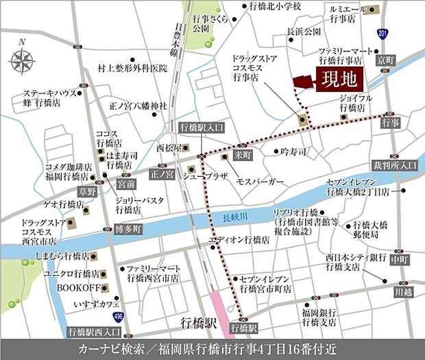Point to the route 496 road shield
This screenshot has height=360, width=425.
click(x=119, y=315)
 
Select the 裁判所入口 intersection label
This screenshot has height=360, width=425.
click(x=395, y=165)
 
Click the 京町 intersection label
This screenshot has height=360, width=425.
click(x=385, y=62)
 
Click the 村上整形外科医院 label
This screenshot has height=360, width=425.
click(x=133, y=68)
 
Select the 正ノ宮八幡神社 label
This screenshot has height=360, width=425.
click(x=138, y=106)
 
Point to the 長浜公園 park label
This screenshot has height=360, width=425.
click(x=304, y=32)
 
